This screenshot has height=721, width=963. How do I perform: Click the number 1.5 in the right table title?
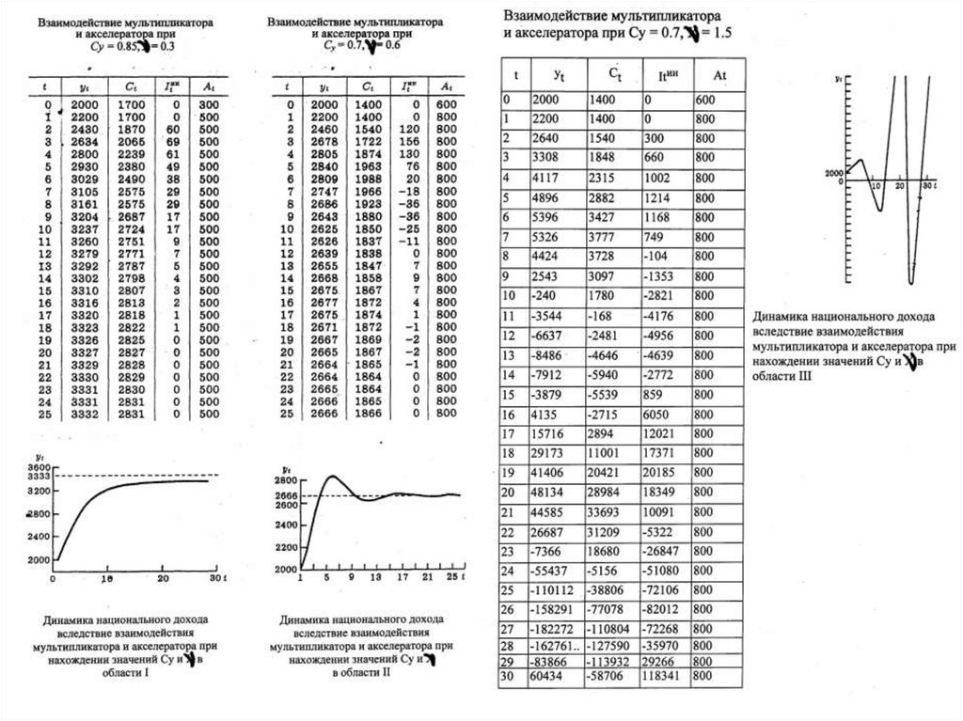[x=719, y=32]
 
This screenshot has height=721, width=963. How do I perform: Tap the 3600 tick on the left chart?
[x=38, y=468]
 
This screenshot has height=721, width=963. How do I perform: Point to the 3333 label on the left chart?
[x=38, y=478]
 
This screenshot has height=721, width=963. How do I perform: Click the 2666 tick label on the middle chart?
[x=286, y=495]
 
